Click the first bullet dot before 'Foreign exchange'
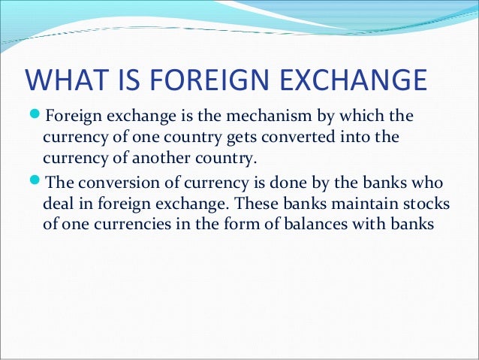tap(33, 117)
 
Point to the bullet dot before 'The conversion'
tap(33, 183)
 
